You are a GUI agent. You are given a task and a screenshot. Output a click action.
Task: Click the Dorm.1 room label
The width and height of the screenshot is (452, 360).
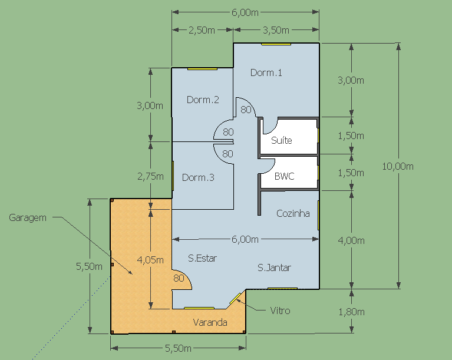tap(266, 72)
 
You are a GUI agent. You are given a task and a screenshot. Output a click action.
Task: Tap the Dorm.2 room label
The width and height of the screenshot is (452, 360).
tap(203, 100)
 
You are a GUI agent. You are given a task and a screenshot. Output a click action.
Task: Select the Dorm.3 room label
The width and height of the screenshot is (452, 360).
tap(198, 177)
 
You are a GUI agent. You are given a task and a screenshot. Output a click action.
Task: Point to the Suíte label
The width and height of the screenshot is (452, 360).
tap(281, 140)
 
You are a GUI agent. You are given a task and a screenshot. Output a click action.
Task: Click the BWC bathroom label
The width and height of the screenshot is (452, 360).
tap(284, 176)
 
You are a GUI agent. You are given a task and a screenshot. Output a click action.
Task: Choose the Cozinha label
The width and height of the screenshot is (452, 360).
tap(293, 213)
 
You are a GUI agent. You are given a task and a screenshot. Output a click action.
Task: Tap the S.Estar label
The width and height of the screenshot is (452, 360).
tap(202, 258)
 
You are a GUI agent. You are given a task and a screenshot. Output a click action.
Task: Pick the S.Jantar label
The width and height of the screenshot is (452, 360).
tap(274, 267)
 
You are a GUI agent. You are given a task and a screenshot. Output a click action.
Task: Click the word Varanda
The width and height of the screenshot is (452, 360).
tap(210, 322)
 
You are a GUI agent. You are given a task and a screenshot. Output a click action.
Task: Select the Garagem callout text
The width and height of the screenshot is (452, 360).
tap(28, 217)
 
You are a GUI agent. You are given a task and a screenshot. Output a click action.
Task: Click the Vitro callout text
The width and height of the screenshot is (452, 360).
tap(280, 311)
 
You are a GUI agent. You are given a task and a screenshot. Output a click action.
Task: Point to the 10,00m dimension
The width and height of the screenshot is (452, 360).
tap(398, 166)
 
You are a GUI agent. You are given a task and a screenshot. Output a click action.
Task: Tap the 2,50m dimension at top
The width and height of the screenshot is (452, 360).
tap(202, 30)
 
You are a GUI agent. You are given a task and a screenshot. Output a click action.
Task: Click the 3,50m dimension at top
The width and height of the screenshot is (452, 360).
tap(276, 30)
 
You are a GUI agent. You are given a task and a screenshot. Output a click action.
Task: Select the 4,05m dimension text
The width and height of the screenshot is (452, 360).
tap(150, 260)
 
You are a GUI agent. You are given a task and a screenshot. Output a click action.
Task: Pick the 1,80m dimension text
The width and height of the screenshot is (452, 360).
tap(351, 312)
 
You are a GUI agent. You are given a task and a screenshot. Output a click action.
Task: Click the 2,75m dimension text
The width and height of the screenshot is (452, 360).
tap(150, 176)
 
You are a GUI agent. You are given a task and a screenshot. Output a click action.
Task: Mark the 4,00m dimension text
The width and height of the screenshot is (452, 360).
tap(351, 240)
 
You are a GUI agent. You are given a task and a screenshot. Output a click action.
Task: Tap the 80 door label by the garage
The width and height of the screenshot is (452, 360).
tap(179, 278)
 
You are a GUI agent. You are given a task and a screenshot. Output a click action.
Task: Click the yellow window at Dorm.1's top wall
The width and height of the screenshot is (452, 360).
tap(276, 44)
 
